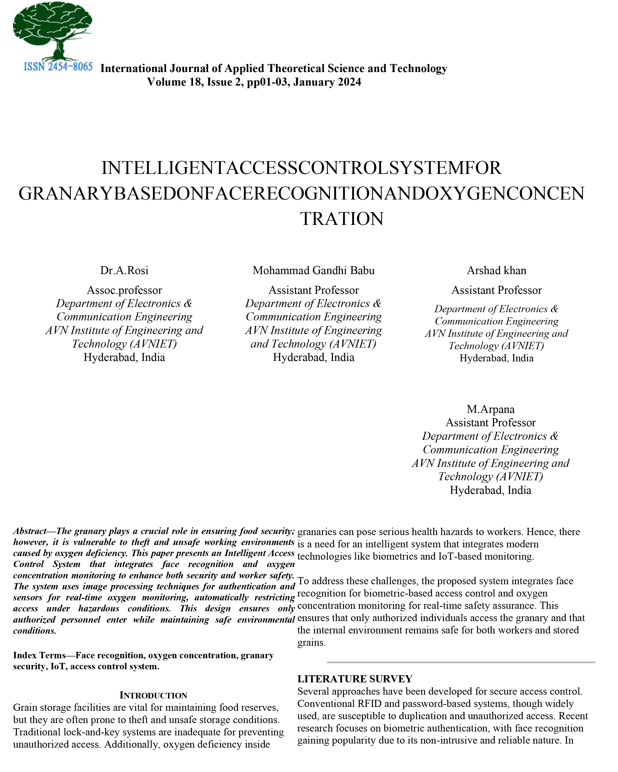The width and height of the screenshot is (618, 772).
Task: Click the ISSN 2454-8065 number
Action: pos(58,67)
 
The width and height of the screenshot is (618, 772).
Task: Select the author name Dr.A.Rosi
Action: pos(124,270)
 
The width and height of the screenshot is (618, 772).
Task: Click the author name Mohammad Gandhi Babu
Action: pos(313,270)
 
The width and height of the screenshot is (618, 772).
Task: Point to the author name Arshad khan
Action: pos(496,270)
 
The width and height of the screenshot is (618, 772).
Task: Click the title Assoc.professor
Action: pos(124,290)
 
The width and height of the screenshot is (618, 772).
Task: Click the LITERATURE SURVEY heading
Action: pos(355,679)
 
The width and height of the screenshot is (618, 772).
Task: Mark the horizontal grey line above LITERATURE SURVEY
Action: pos(460,662)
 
